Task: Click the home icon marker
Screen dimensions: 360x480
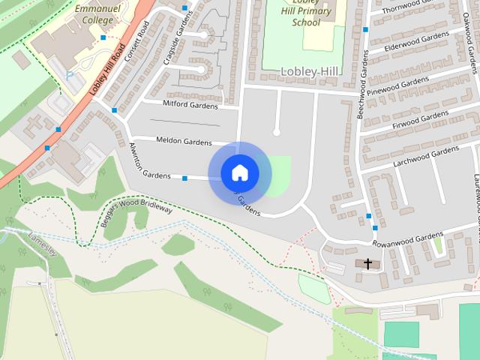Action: (x=239, y=173)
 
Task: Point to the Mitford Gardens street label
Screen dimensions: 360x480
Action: (x=190, y=103)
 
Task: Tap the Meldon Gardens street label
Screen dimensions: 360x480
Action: (x=184, y=140)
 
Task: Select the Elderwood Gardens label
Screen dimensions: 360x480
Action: (x=416, y=43)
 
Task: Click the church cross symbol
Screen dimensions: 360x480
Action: (x=368, y=263)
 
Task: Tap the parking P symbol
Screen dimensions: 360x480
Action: (x=70, y=76)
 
